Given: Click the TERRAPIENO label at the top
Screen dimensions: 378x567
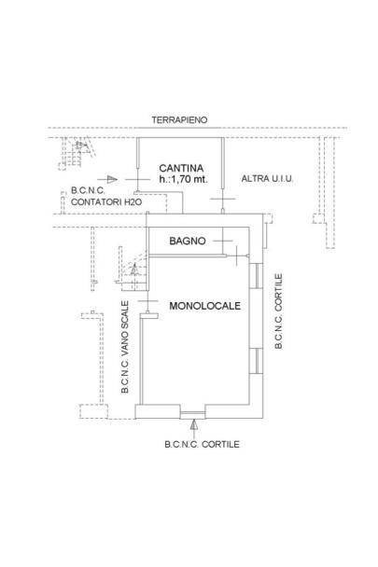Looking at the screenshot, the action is [179, 119].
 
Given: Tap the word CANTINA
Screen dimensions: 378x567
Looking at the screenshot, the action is [181, 168].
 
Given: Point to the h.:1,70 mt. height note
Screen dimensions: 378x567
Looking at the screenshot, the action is [184, 179].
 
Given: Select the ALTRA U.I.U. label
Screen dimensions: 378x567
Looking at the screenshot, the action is [267, 179].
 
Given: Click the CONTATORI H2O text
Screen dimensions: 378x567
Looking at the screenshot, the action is [106, 201].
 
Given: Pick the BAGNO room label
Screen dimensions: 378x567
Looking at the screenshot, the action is [188, 241].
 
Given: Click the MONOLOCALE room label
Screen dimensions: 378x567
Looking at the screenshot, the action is [205, 306].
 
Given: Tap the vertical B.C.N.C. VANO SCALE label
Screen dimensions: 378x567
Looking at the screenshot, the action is [125, 347].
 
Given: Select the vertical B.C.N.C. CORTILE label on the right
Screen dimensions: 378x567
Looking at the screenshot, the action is [278, 311].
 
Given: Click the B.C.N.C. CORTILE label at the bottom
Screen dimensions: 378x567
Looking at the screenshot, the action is [202, 445].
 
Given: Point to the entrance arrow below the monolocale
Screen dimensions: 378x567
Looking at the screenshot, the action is [194, 425].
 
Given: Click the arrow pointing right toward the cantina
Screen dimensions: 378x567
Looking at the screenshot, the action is [107, 179].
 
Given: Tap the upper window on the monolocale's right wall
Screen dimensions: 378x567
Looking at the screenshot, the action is [256, 275].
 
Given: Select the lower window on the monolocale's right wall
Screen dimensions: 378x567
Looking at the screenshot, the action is [256, 361].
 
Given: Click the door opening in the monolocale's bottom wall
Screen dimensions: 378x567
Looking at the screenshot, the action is [192, 414].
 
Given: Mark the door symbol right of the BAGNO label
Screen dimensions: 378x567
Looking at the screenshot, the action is [223, 241].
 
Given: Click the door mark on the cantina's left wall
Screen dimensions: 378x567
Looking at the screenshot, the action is [137, 179].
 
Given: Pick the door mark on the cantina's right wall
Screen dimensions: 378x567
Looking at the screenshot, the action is [223, 199].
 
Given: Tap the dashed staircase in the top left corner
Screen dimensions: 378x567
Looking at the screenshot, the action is [77, 153].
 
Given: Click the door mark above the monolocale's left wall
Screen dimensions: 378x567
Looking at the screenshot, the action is [147, 301].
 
